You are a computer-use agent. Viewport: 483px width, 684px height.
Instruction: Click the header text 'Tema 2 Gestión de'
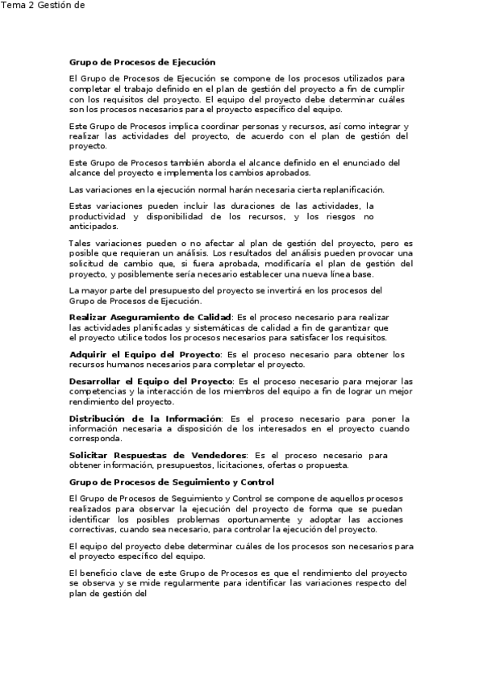click(42, 6)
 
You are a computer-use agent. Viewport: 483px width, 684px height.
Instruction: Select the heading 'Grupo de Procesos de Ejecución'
click(143, 61)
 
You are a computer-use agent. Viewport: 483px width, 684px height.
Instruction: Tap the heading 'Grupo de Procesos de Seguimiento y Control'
click(172, 482)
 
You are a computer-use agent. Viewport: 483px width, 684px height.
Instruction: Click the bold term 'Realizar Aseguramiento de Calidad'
click(151, 318)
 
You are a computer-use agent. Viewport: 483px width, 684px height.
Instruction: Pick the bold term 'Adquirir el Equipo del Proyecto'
click(144, 354)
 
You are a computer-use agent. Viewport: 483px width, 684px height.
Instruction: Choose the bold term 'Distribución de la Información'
click(145, 419)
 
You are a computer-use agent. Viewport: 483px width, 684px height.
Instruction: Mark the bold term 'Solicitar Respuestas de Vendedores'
click(157, 455)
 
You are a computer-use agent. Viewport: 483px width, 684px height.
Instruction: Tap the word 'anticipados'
click(93, 227)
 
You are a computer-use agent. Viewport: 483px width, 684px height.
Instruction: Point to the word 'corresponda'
click(96, 440)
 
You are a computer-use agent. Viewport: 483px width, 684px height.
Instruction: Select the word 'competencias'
click(98, 391)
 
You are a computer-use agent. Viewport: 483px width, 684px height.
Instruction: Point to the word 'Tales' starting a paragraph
click(80, 243)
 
